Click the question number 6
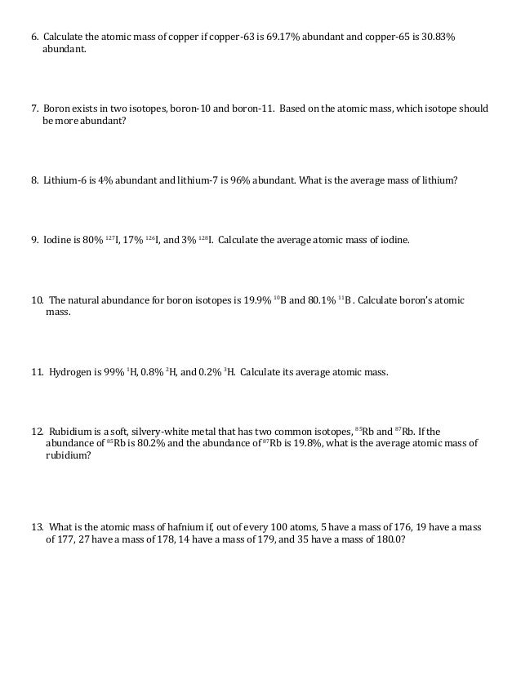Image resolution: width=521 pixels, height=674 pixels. click(35, 38)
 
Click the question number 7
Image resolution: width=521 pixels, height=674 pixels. click(35, 109)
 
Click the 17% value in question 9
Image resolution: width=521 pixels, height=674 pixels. click(133, 241)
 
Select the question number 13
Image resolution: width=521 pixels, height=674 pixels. click(37, 527)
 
